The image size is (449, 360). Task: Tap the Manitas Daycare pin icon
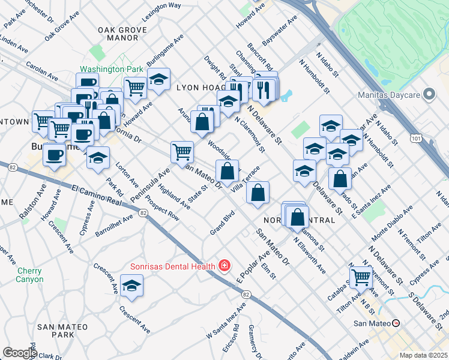pos(429,94)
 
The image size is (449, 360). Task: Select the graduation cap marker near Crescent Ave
pos(131,287)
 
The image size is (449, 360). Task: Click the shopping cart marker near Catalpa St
pos(360,277)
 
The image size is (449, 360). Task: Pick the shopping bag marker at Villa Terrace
pos(258,193)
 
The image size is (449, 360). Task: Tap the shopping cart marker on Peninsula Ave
pos(182,151)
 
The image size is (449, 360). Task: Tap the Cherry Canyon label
pos(29,275)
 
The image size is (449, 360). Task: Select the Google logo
pos(19,353)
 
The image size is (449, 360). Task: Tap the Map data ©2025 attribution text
pos(423,355)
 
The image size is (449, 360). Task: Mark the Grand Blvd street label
pos(221,223)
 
